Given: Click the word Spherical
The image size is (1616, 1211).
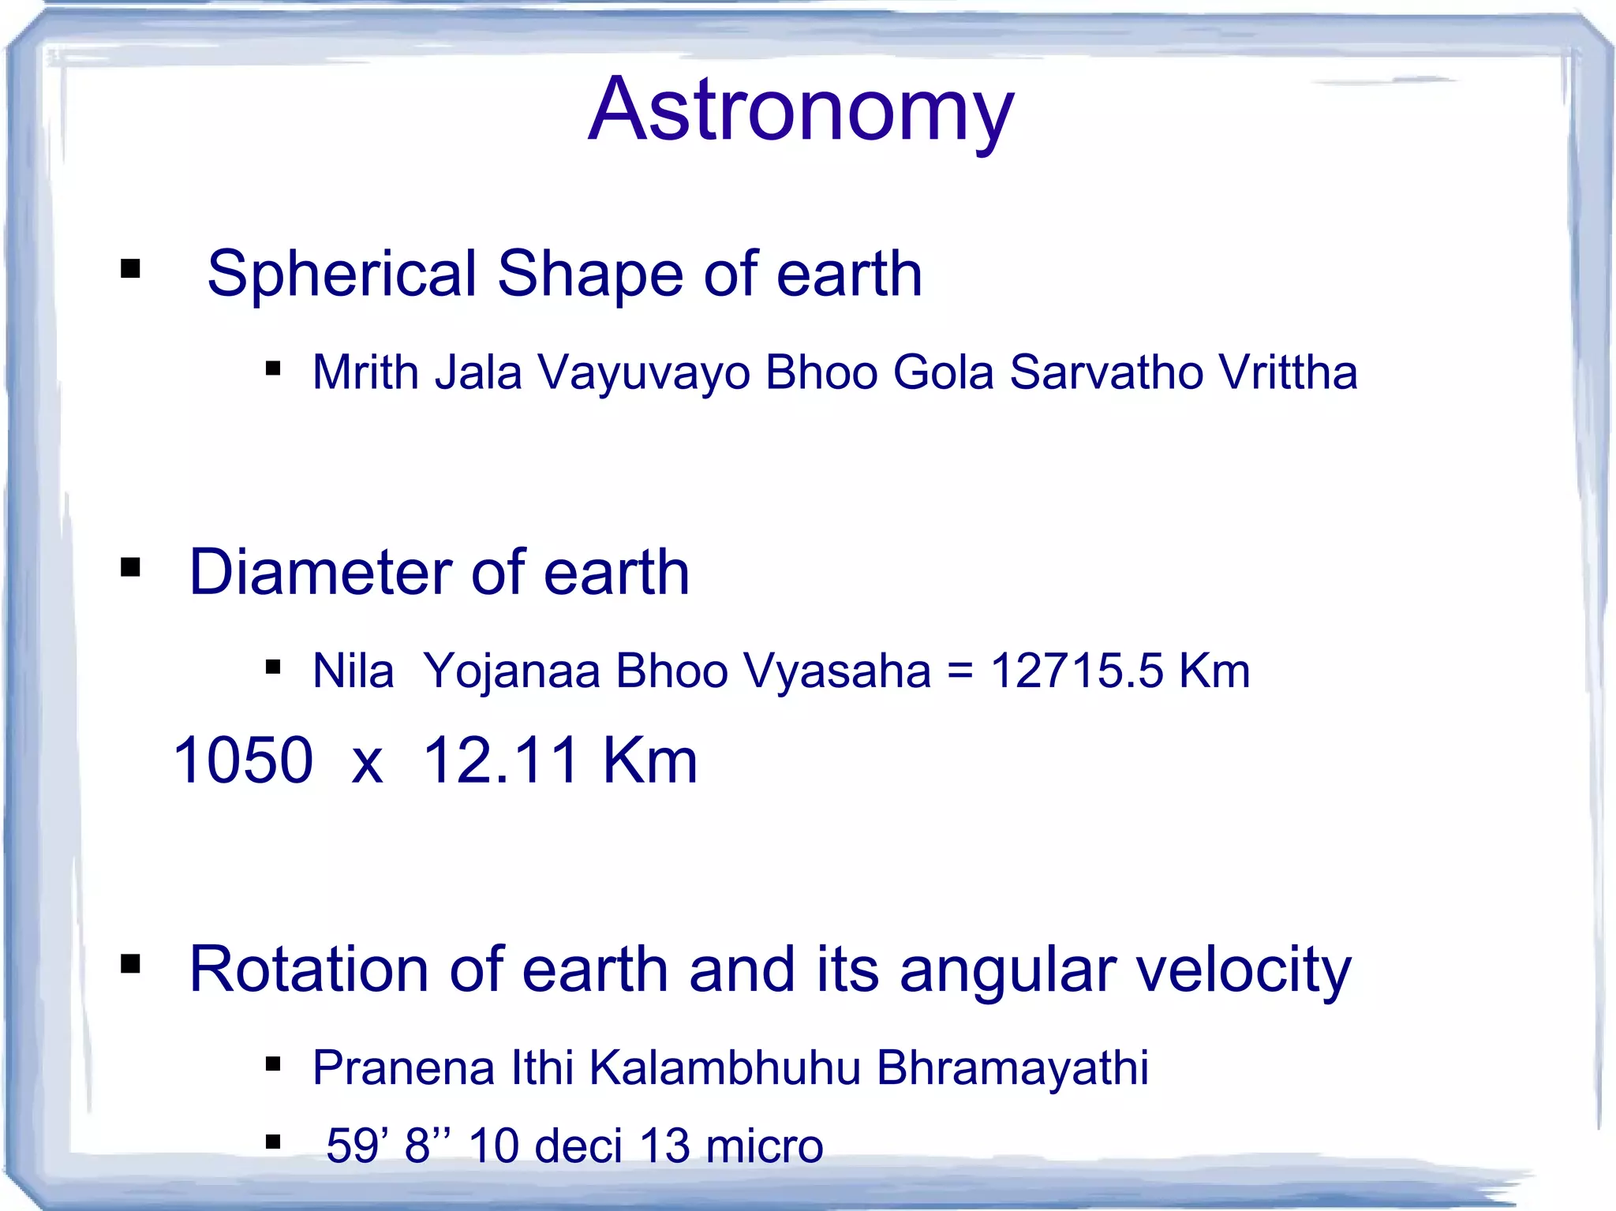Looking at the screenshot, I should (x=342, y=274).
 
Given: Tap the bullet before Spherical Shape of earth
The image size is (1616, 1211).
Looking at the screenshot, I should (x=130, y=269).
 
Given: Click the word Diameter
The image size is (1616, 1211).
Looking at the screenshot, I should (x=320, y=572).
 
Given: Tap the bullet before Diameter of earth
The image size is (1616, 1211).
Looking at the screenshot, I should (x=130, y=567).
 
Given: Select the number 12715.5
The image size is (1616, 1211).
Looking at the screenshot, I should (x=1076, y=671).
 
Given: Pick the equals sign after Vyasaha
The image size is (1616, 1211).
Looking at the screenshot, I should (x=960, y=672).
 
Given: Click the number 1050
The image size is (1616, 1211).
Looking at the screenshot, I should (x=243, y=760).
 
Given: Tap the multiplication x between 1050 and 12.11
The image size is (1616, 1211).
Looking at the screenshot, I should (x=368, y=764).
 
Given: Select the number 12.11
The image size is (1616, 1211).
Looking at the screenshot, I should (x=502, y=760).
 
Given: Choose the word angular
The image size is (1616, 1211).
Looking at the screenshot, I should (x=1008, y=970).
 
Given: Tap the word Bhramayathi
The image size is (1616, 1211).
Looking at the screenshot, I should (x=1012, y=1069).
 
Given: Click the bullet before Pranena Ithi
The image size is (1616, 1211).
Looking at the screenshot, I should (x=273, y=1064).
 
